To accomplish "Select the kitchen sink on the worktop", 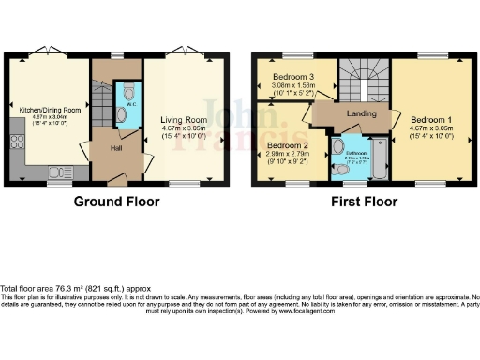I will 62,172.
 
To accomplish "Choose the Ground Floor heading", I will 116,202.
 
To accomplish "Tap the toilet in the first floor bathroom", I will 338,173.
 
